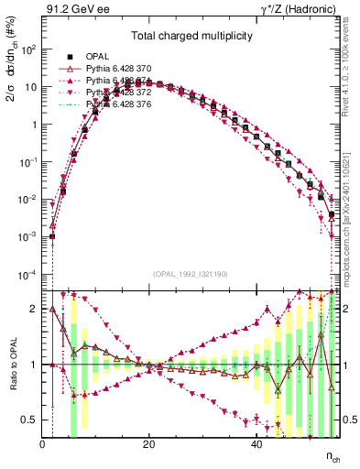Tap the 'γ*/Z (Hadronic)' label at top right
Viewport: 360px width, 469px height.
pyautogui.click(x=296, y=11)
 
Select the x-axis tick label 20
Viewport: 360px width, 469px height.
pyautogui.click(x=148, y=445)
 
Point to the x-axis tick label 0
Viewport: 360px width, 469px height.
pyautogui.click(x=42, y=445)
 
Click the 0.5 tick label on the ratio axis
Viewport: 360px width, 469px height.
pyautogui.click(x=27, y=420)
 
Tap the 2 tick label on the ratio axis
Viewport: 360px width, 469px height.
pyautogui.click(x=33, y=309)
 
